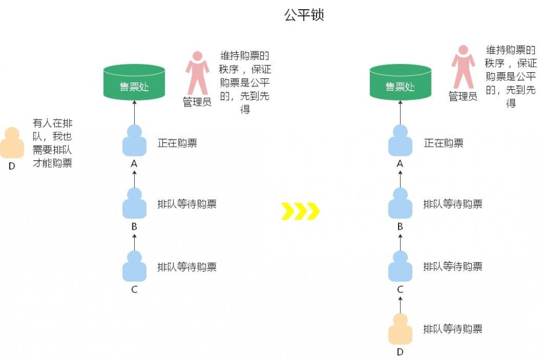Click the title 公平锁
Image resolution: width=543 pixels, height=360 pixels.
304,15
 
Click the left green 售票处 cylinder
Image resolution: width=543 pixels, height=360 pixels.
134,83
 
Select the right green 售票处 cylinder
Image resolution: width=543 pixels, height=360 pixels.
400,83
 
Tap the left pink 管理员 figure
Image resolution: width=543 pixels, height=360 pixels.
197,73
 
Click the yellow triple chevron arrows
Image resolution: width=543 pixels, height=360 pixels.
300,211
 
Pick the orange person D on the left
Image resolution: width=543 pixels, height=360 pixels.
11,143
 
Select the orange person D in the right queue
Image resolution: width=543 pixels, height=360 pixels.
400,329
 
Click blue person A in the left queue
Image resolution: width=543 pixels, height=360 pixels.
134,141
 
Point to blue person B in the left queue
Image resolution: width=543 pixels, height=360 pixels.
134,204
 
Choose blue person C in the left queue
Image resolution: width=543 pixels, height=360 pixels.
134,267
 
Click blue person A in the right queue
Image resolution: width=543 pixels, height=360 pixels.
400,141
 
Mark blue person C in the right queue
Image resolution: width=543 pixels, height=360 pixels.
400,267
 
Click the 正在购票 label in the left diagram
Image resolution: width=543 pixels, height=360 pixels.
177,143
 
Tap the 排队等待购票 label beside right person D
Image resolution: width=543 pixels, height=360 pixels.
453,329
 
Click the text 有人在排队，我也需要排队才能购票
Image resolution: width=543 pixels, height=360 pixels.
52,143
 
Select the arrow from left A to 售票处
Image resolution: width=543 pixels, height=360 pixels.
134,112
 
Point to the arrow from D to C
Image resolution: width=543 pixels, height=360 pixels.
400,303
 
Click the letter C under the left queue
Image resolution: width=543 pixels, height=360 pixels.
134,290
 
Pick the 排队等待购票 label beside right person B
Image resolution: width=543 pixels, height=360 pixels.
453,204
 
